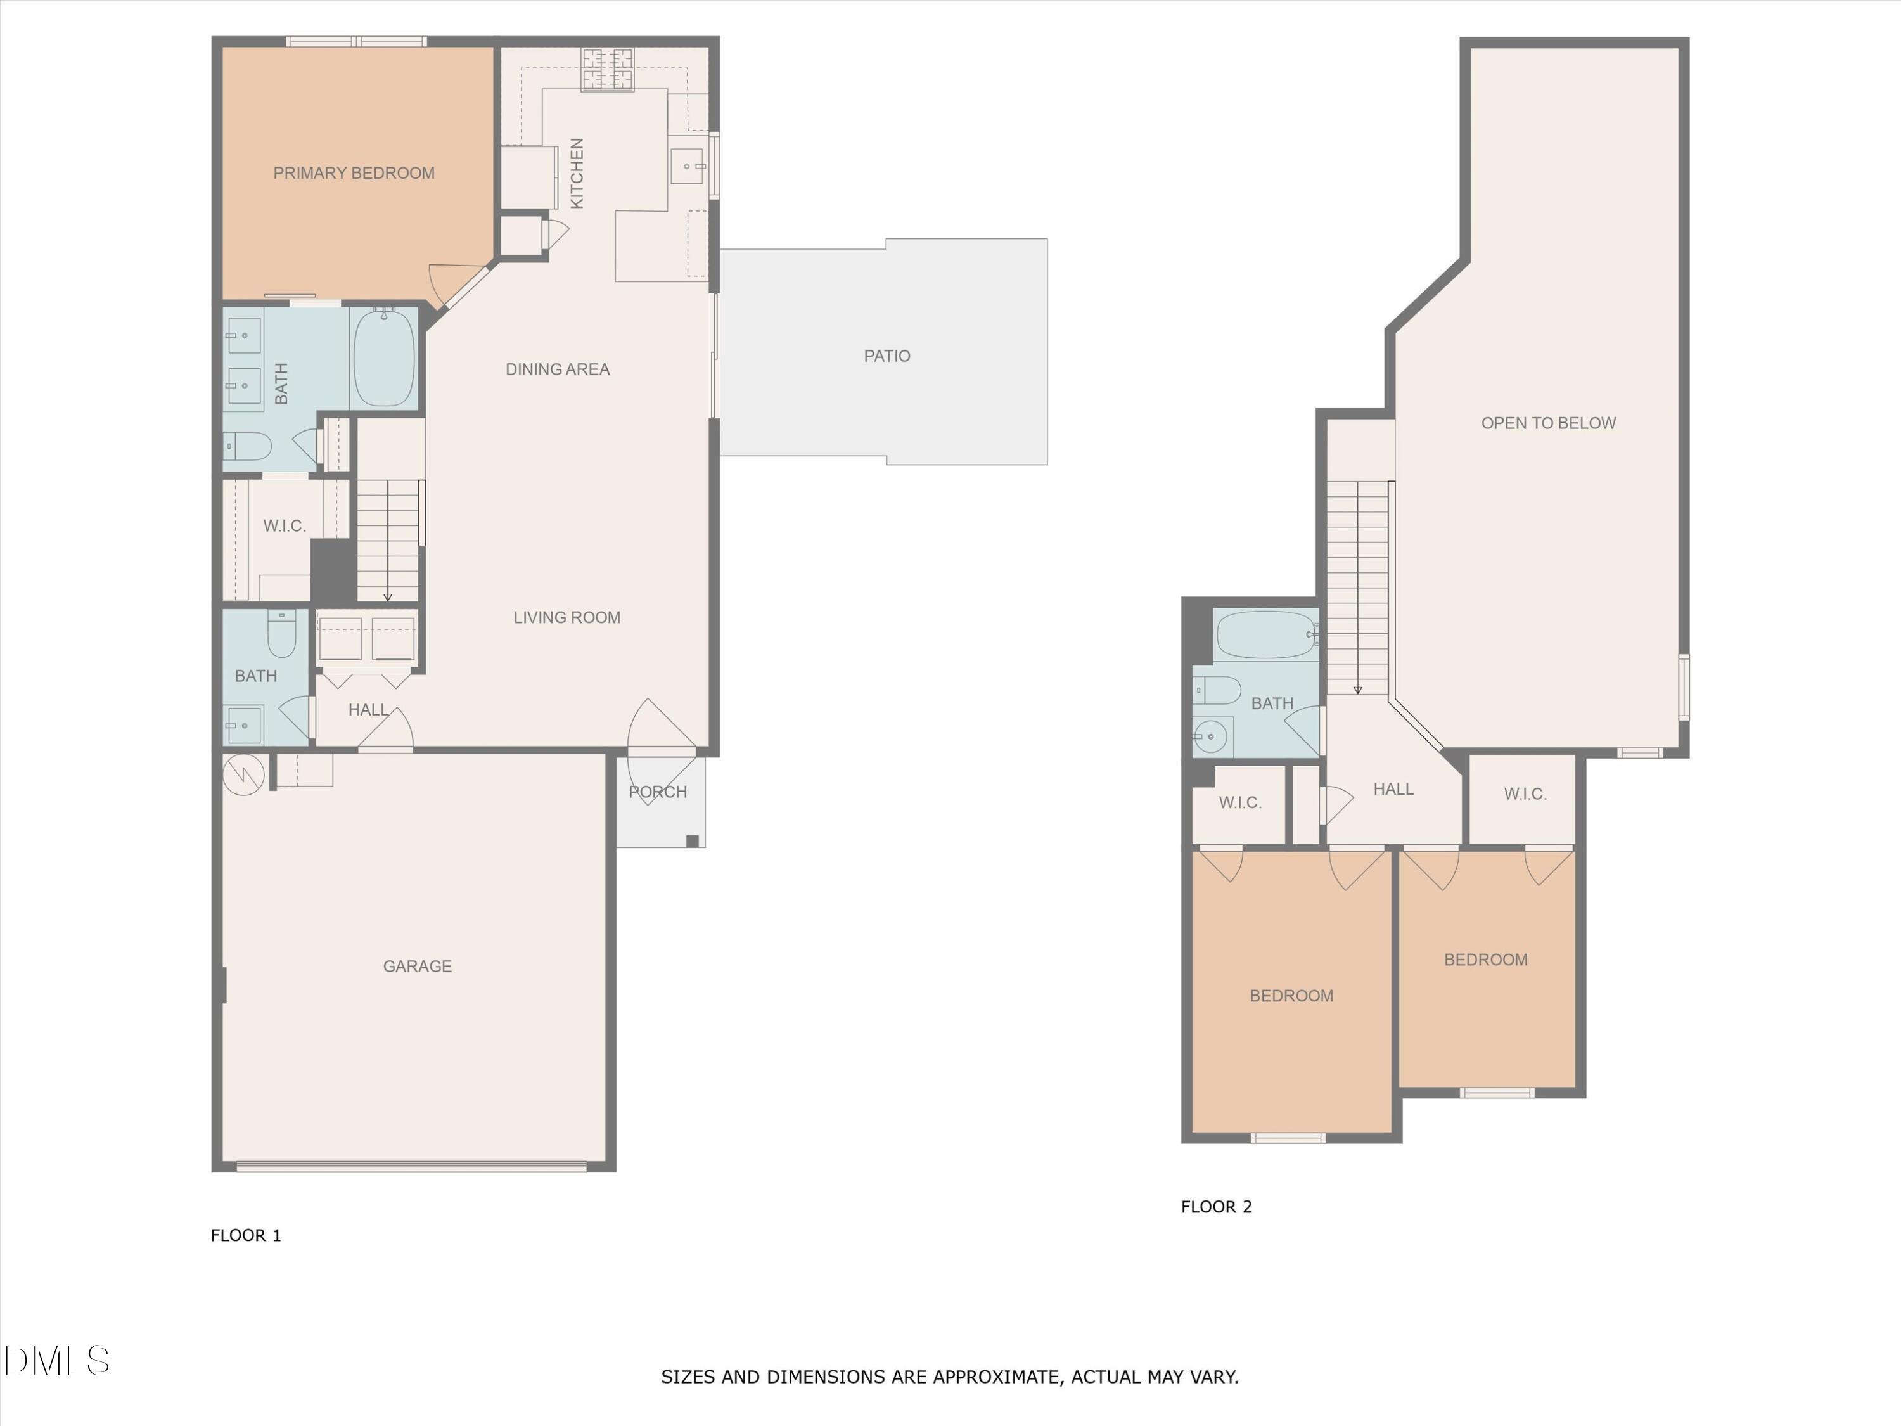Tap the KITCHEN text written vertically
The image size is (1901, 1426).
577,173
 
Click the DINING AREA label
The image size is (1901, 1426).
557,369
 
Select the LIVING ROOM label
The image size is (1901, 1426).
566,617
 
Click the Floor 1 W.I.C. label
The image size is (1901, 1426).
285,526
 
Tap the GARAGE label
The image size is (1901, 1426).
417,966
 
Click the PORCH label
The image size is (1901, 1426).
658,792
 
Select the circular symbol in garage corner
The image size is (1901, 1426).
244,774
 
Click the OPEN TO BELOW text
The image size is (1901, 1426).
1548,423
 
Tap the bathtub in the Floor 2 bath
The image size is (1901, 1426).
1264,634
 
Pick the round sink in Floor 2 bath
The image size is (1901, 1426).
1211,736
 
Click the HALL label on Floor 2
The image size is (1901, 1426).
1392,789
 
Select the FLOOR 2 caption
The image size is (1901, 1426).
1216,1207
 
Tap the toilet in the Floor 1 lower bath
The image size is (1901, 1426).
282,634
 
